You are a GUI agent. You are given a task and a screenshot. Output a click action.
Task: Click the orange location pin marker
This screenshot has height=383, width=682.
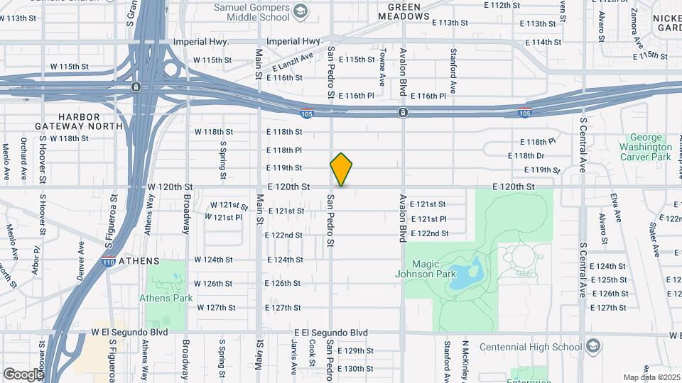pos(341,170)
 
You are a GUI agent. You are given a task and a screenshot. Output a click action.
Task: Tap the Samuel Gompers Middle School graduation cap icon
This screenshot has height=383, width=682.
pos(301,11)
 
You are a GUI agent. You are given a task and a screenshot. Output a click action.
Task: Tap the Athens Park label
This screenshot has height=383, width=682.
pos(166,298)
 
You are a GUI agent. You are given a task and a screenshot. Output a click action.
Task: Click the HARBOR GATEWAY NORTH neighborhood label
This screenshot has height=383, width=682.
pos(90,121)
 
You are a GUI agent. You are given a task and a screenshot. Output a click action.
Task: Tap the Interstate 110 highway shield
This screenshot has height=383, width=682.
pos(107,261)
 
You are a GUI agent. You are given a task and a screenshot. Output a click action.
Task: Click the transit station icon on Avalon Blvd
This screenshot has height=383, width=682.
pos(403,113)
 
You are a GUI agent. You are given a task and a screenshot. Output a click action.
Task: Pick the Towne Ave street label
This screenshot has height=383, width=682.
pos(382,63)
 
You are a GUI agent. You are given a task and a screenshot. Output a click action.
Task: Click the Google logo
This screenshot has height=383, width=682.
pos(23,374)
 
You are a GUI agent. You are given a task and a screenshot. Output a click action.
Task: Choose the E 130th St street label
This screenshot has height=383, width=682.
pos(355,369)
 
